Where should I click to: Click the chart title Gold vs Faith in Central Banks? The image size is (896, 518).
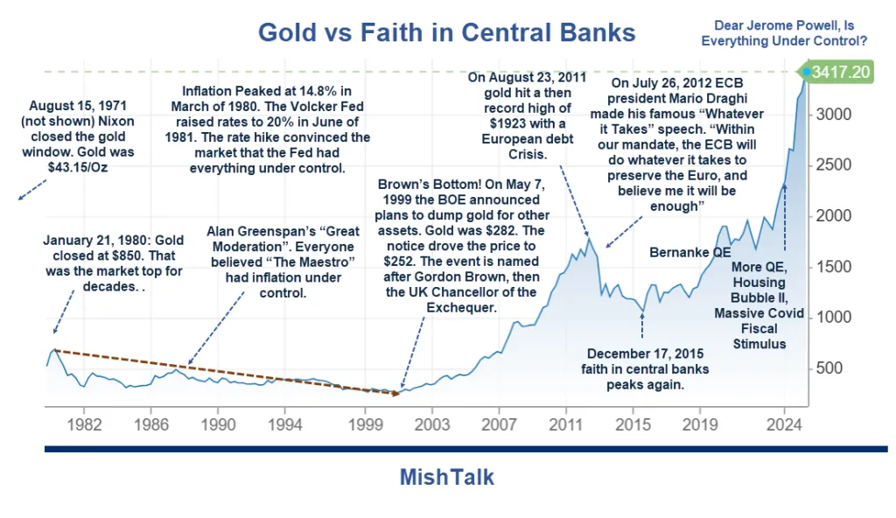click(x=446, y=33)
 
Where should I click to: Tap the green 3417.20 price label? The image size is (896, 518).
click(x=840, y=72)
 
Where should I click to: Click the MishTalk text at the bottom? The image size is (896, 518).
click(x=446, y=477)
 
